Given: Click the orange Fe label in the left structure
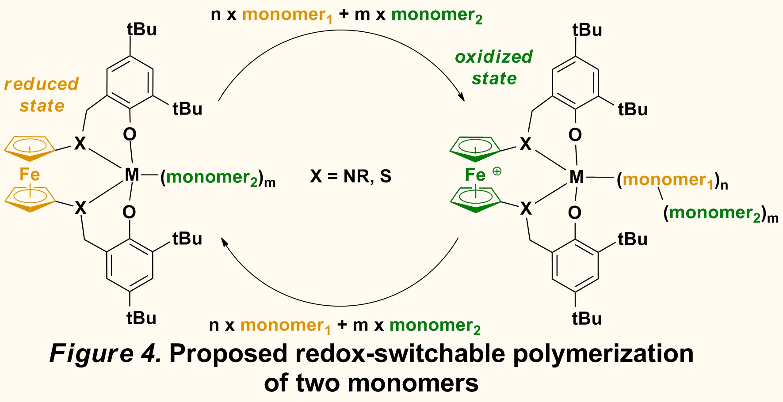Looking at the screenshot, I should pos(30,174).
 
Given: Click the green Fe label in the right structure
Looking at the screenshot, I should pos(475,175).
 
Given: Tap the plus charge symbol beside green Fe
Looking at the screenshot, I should pos(497,171).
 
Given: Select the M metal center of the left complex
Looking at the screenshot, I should pos(132,175).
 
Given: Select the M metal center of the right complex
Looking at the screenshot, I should pos(577,177).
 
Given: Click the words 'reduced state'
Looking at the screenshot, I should pos(42,95).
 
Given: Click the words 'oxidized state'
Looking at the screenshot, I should pos(494,68).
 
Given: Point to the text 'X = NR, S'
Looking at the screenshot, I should pos(351,176).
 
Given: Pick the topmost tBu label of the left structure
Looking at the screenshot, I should pos(141,30).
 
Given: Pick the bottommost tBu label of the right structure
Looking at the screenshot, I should pos(587,319).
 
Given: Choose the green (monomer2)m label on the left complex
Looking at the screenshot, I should pos(218,178).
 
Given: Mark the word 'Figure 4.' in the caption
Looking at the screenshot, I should pos(105,353).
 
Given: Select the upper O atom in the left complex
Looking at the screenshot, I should pos(130,134).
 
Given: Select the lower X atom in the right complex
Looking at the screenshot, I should pos(526,209).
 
